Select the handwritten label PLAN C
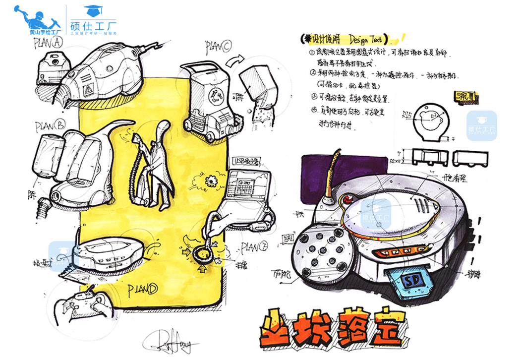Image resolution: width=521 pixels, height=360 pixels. (x=218, y=47)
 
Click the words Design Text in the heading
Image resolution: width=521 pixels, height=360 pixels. (x=368, y=39)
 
